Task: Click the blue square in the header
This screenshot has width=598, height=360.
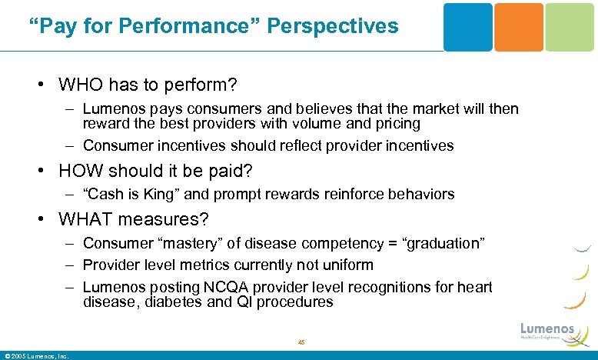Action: (467, 27)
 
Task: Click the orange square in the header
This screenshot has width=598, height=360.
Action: (518, 27)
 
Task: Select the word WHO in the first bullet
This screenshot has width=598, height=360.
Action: (80, 82)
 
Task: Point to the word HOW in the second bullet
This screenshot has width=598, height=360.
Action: (80, 171)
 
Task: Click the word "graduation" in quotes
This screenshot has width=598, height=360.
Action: (447, 243)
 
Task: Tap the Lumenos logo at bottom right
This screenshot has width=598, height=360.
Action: (547, 330)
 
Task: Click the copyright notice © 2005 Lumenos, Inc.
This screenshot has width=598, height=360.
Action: (37, 355)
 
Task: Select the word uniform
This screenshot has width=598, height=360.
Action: (347, 265)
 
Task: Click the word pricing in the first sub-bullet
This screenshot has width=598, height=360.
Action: (394, 123)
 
